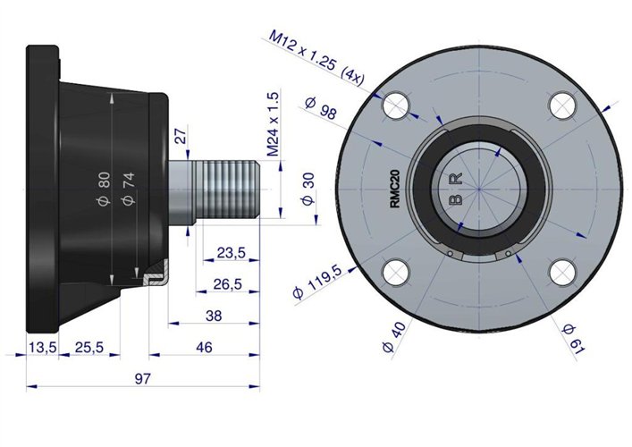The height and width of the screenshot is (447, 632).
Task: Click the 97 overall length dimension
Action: [143, 378]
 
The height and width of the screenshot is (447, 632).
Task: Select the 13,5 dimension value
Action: [43, 347]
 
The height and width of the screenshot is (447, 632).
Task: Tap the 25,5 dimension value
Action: [89, 347]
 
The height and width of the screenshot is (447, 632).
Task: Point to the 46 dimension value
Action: [204, 347]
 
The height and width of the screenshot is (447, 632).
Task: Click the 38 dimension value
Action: [214, 316]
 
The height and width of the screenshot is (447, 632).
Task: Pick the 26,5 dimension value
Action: [228, 284]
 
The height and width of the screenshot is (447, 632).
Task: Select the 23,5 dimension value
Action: [231, 253]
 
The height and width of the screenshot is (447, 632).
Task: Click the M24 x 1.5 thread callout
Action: [273, 123]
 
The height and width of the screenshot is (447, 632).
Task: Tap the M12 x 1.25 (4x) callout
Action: [316, 57]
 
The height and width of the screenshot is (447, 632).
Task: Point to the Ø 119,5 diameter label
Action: [318, 282]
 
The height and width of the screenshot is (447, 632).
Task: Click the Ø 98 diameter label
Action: [321, 108]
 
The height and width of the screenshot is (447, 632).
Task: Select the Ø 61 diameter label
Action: [573, 339]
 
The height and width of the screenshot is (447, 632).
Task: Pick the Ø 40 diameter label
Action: [394, 337]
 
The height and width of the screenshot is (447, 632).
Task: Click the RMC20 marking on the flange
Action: [395, 189]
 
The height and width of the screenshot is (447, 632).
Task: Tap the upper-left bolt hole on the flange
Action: [396, 105]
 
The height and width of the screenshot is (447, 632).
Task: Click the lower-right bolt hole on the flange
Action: [562, 272]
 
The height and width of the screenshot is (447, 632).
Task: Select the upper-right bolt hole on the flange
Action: [562, 105]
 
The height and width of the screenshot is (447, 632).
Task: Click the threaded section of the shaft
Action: [227, 190]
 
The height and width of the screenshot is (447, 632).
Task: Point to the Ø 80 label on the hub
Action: [104, 189]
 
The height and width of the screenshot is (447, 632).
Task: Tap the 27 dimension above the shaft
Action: [181, 136]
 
